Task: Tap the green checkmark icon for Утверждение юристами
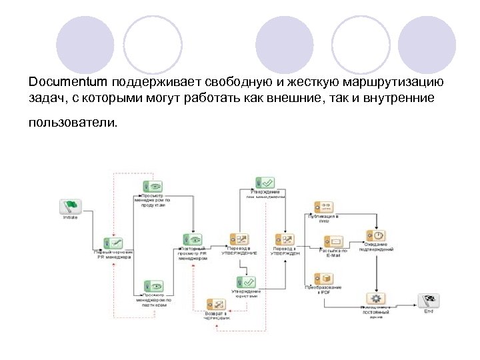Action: (x=245, y=282)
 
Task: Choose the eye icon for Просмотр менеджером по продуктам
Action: (x=153, y=187)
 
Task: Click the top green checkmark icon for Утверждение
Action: (x=265, y=182)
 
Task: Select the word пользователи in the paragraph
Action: (x=71, y=123)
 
